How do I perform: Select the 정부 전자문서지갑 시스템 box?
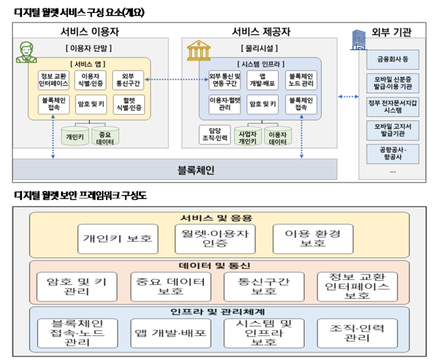392,106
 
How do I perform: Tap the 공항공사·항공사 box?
392,153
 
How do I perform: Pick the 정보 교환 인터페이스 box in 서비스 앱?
55,80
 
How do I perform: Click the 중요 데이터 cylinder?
105,136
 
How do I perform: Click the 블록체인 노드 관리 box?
301,80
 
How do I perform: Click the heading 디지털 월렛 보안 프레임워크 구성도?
81,196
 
